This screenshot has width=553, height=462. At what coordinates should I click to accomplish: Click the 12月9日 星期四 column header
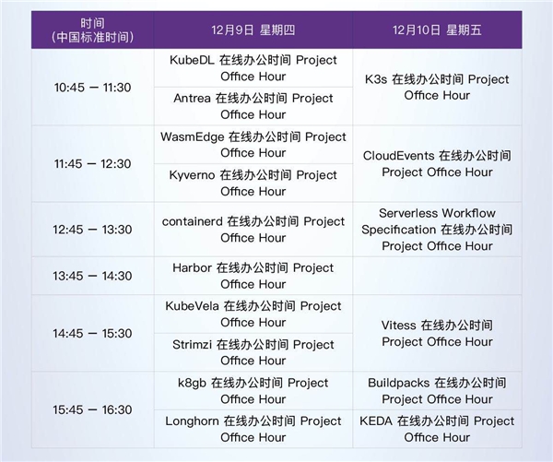pyautogui.click(x=253, y=30)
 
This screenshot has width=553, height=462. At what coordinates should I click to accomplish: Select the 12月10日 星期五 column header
pyautogui.click(x=437, y=30)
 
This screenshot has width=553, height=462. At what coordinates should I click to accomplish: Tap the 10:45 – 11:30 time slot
pyautogui.click(x=92, y=88)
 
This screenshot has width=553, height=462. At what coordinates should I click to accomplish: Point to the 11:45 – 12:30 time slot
pyautogui.click(x=92, y=164)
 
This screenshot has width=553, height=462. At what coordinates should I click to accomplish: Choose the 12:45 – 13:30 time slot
pyautogui.click(x=92, y=230)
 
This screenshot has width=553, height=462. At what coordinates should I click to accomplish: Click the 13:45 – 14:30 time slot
pyautogui.click(x=92, y=276)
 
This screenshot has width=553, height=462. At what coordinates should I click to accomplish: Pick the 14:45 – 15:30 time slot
pyautogui.click(x=92, y=333)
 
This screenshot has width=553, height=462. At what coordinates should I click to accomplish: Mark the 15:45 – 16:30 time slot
pyautogui.click(x=92, y=409)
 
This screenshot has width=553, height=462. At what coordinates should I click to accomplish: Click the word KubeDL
pyautogui.click(x=192, y=60)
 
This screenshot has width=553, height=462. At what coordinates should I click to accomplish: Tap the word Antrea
pyautogui.click(x=193, y=98)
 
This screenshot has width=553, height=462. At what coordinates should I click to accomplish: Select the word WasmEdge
pyautogui.click(x=193, y=137)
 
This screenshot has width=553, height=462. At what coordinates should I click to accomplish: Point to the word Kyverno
pyautogui.click(x=192, y=175)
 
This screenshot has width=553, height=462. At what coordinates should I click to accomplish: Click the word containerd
pyautogui.click(x=193, y=221)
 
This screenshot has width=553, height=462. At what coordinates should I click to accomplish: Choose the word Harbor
pyautogui.click(x=193, y=267)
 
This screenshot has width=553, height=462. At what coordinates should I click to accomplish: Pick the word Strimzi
pyautogui.click(x=193, y=345)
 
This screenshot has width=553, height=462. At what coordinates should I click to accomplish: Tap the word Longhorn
pyautogui.click(x=193, y=421)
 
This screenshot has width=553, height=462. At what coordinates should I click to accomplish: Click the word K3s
pyautogui.click(x=376, y=79)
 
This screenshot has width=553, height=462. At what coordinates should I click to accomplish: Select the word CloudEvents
pyautogui.click(x=398, y=156)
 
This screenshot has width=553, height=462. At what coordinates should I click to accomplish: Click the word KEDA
pyautogui.click(x=376, y=421)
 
